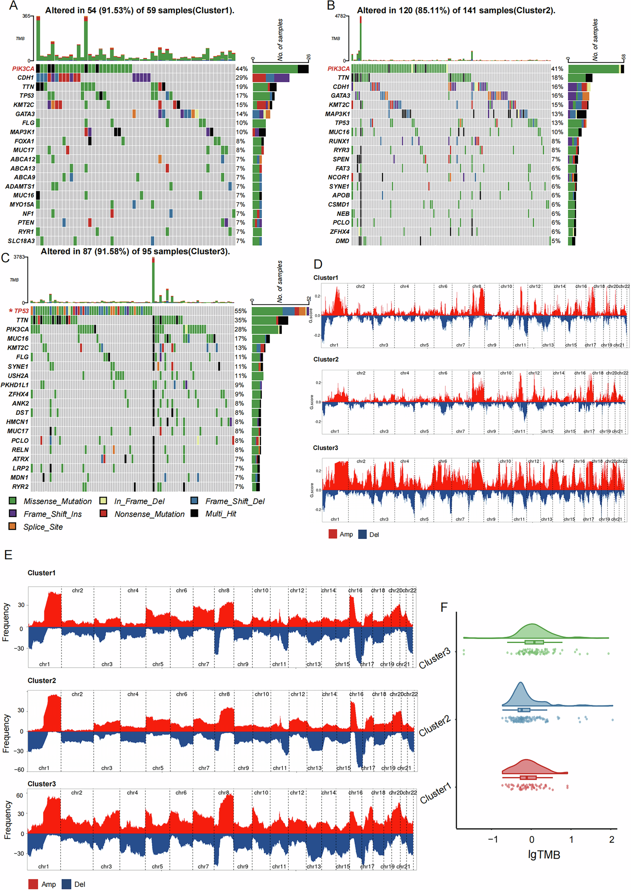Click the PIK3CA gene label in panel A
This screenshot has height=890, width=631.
23,69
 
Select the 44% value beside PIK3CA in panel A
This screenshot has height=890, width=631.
241,69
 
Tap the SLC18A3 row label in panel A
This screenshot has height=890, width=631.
21,241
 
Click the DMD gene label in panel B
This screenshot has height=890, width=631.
342,241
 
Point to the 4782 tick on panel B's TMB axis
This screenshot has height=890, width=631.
340,16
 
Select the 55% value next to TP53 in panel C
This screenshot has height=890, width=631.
241,311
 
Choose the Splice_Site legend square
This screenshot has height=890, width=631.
12,526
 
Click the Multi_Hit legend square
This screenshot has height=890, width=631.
194,513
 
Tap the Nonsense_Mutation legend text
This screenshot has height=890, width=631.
149,514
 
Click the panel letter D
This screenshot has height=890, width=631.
317,264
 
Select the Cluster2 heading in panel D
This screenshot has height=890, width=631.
326,360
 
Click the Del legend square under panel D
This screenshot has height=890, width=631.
362,534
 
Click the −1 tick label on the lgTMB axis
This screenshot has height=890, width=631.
492,839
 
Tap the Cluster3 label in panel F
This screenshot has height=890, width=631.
435,658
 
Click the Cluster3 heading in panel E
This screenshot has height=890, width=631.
41,784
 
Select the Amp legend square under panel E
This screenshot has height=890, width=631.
33,884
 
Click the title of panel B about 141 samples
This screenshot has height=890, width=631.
456,10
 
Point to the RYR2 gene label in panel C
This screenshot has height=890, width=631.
20,487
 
